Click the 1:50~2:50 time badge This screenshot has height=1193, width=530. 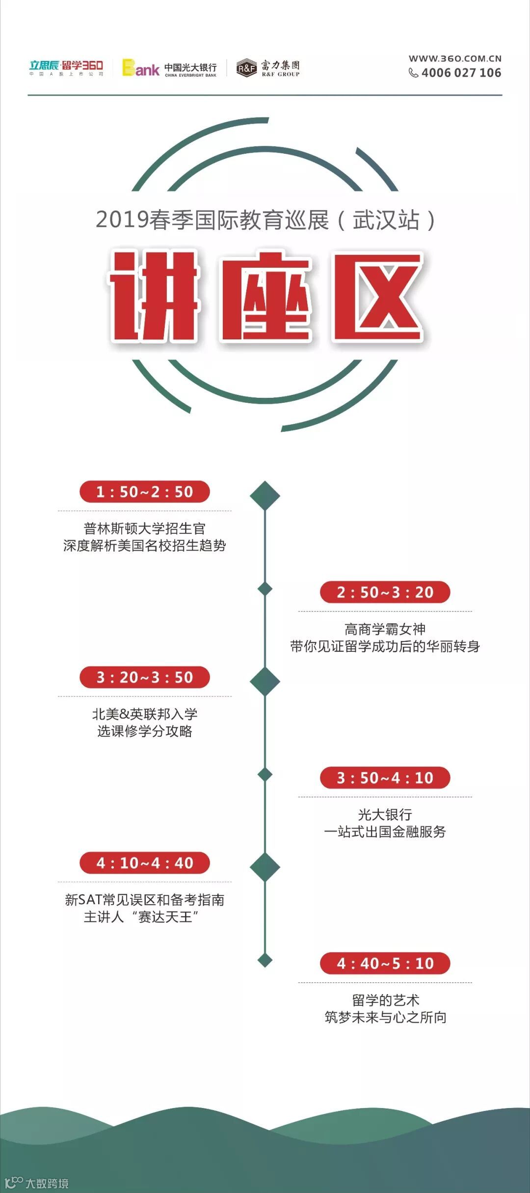(145, 492)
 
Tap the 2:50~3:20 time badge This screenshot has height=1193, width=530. (385, 592)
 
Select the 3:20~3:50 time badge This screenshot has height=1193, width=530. (145, 677)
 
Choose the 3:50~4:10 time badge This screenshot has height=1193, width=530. (385, 778)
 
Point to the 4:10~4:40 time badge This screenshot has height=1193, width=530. (145, 863)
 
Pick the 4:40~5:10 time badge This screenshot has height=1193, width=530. (385, 964)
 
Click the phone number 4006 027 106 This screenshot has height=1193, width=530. (461, 73)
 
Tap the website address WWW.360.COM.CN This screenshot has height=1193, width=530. (455, 58)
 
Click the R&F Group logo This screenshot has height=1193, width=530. (268, 68)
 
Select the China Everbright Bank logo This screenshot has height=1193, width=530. (169, 68)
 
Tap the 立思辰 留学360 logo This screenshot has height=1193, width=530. (66, 68)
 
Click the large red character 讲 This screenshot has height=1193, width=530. (154, 296)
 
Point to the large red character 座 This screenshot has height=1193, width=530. (266, 297)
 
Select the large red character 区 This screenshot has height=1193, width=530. (378, 297)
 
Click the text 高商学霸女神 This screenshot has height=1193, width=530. (385, 629)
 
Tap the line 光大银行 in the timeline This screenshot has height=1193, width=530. (385, 815)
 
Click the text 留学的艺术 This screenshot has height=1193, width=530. (385, 1000)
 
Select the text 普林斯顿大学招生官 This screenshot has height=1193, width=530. (145, 528)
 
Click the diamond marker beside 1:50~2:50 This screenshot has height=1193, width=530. (265, 496)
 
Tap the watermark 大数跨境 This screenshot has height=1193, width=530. (47, 1184)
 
